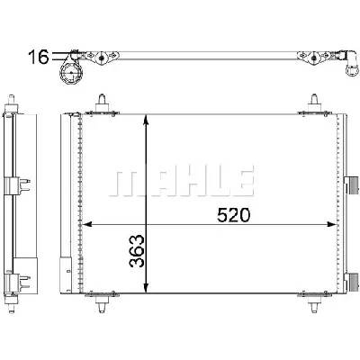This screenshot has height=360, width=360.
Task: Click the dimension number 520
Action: pos(233,215)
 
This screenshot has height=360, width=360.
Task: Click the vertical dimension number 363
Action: pos(137,251)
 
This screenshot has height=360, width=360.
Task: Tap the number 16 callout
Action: pos(38,57)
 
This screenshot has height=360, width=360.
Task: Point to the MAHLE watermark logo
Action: pos(182,184)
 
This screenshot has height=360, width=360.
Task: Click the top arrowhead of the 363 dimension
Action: pos(146,119)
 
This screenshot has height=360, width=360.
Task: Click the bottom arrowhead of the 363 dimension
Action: pos(146,288)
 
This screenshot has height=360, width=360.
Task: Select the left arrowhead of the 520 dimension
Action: pos(87,224)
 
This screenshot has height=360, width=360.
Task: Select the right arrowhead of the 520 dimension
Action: pos(332,224)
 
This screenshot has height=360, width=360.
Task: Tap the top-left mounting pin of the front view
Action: pos(102,103)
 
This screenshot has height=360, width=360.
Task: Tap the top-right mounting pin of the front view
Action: pos(314,103)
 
